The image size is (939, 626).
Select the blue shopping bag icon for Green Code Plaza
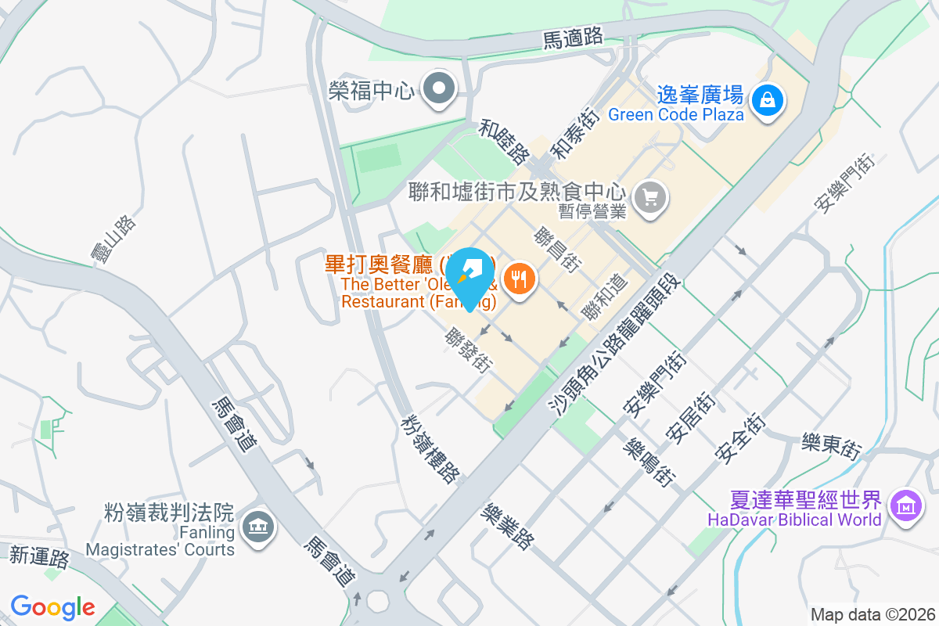point(768,102)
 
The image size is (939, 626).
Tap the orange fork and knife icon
point(519,277)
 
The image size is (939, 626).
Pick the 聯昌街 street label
point(557,250)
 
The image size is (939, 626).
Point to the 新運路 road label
point(40,556)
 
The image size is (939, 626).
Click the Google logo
point(52,606)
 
